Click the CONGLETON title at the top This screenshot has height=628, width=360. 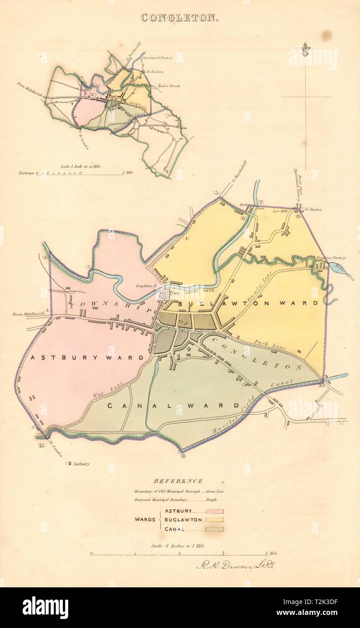[180, 18]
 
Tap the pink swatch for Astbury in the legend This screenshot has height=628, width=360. [215, 511]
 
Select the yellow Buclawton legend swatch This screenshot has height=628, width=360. [215, 520]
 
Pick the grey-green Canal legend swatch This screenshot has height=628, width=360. [215, 529]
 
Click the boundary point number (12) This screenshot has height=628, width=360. [42, 446]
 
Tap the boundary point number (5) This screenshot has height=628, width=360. [216, 193]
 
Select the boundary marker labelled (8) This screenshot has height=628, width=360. [298, 216]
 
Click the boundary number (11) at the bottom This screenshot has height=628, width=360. [183, 456]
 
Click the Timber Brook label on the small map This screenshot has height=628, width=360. [168, 85]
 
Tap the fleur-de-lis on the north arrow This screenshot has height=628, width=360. [306, 49]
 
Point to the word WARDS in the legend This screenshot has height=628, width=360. [146, 520]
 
